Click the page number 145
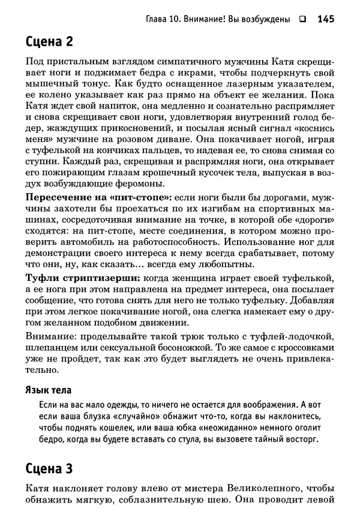point(325,19)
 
